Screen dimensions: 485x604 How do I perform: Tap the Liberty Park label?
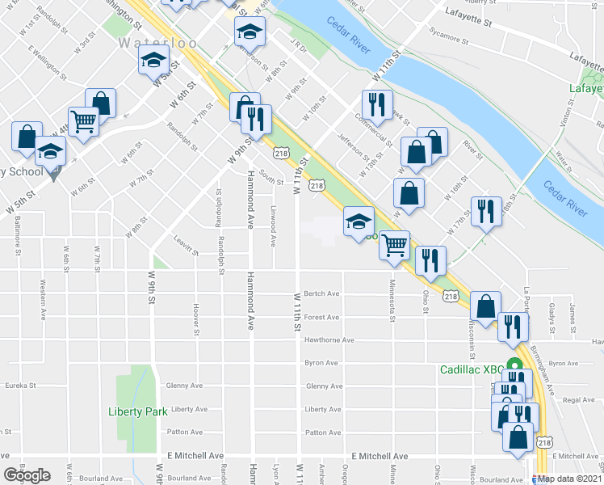(137, 411)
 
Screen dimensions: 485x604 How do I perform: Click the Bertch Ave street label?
(321, 294)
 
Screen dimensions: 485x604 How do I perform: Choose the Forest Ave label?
(321, 318)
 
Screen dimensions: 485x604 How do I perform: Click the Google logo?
(27, 475)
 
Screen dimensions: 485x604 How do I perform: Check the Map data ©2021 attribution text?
(569, 478)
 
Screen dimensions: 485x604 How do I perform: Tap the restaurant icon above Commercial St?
(378, 103)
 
